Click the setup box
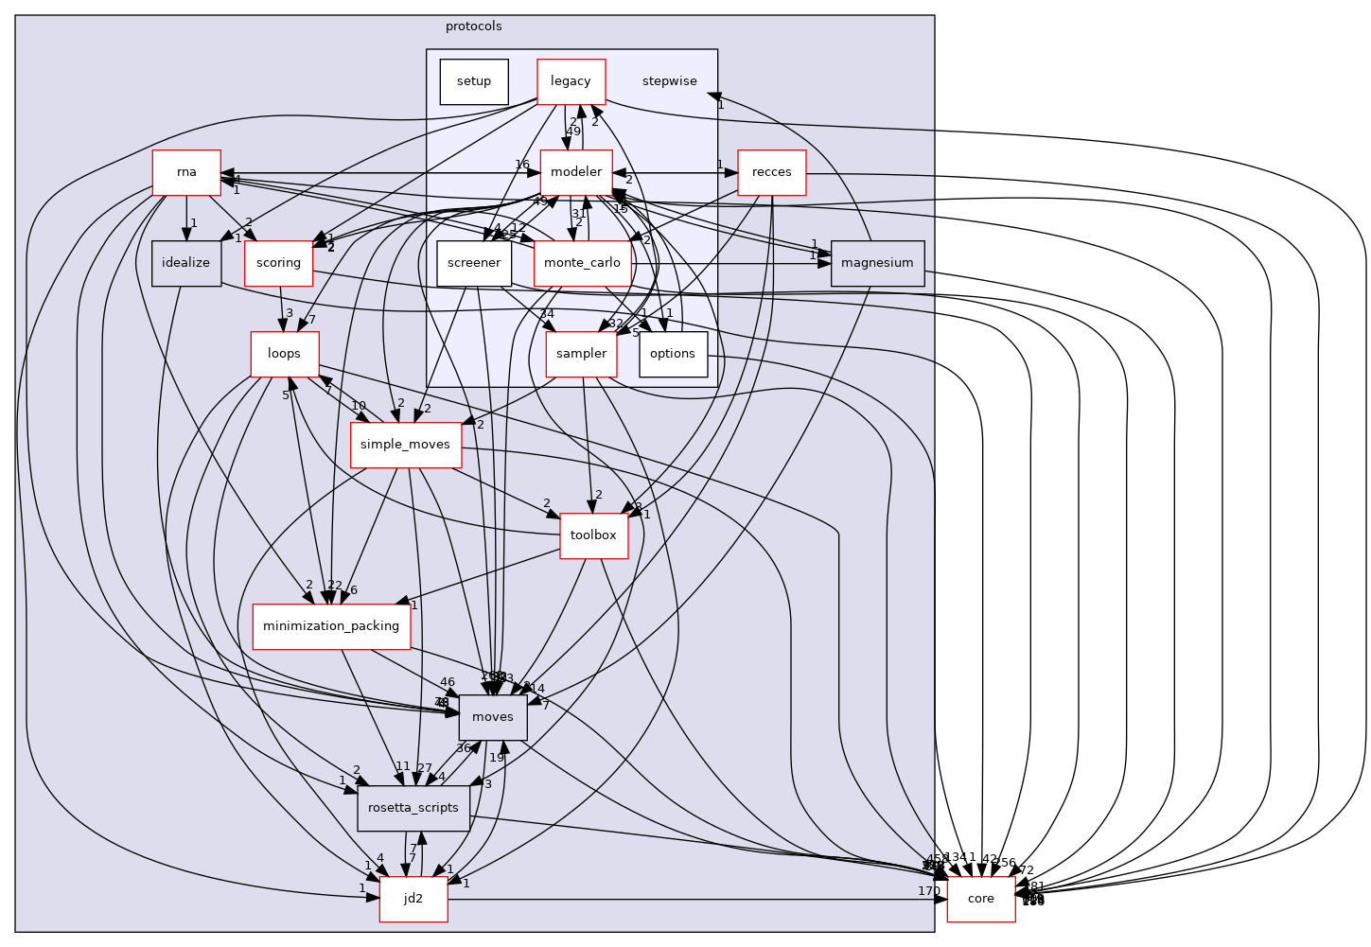tap(474, 81)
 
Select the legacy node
tap(571, 81)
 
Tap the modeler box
tap(576, 172)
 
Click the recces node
tap(771, 172)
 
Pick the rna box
tap(186, 172)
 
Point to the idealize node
tap(186, 263)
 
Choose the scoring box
tap(278, 263)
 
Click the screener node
tap(474, 263)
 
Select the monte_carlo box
tap(583, 263)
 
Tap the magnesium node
tap(877, 263)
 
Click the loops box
tap(284, 354)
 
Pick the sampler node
tap(581, 354)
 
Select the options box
tap(673, 354)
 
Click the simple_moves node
tap(405, 445)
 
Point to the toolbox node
tap(593, 535)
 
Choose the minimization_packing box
tap(331, 626)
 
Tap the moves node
tap(492, 717)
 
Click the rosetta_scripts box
tap(413, 808)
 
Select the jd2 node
tap(413, 899)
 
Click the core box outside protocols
tap(980, 899)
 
